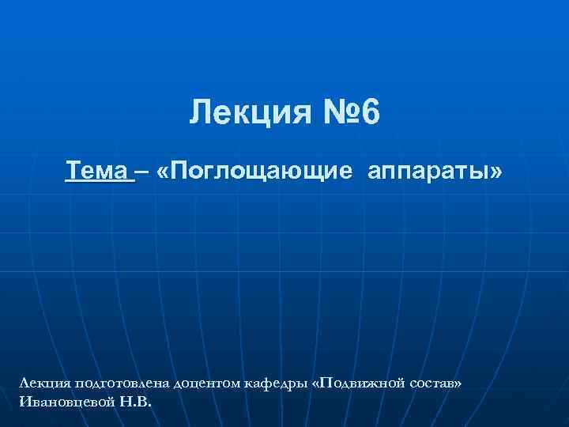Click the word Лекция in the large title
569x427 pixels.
point(243,114)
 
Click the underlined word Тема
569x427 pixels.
point(98,171)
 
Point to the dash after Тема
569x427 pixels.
point(143,171)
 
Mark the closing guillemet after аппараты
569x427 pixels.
point(495,172)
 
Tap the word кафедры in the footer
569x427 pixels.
point(284,384)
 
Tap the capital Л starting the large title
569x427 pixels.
point(198,114)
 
